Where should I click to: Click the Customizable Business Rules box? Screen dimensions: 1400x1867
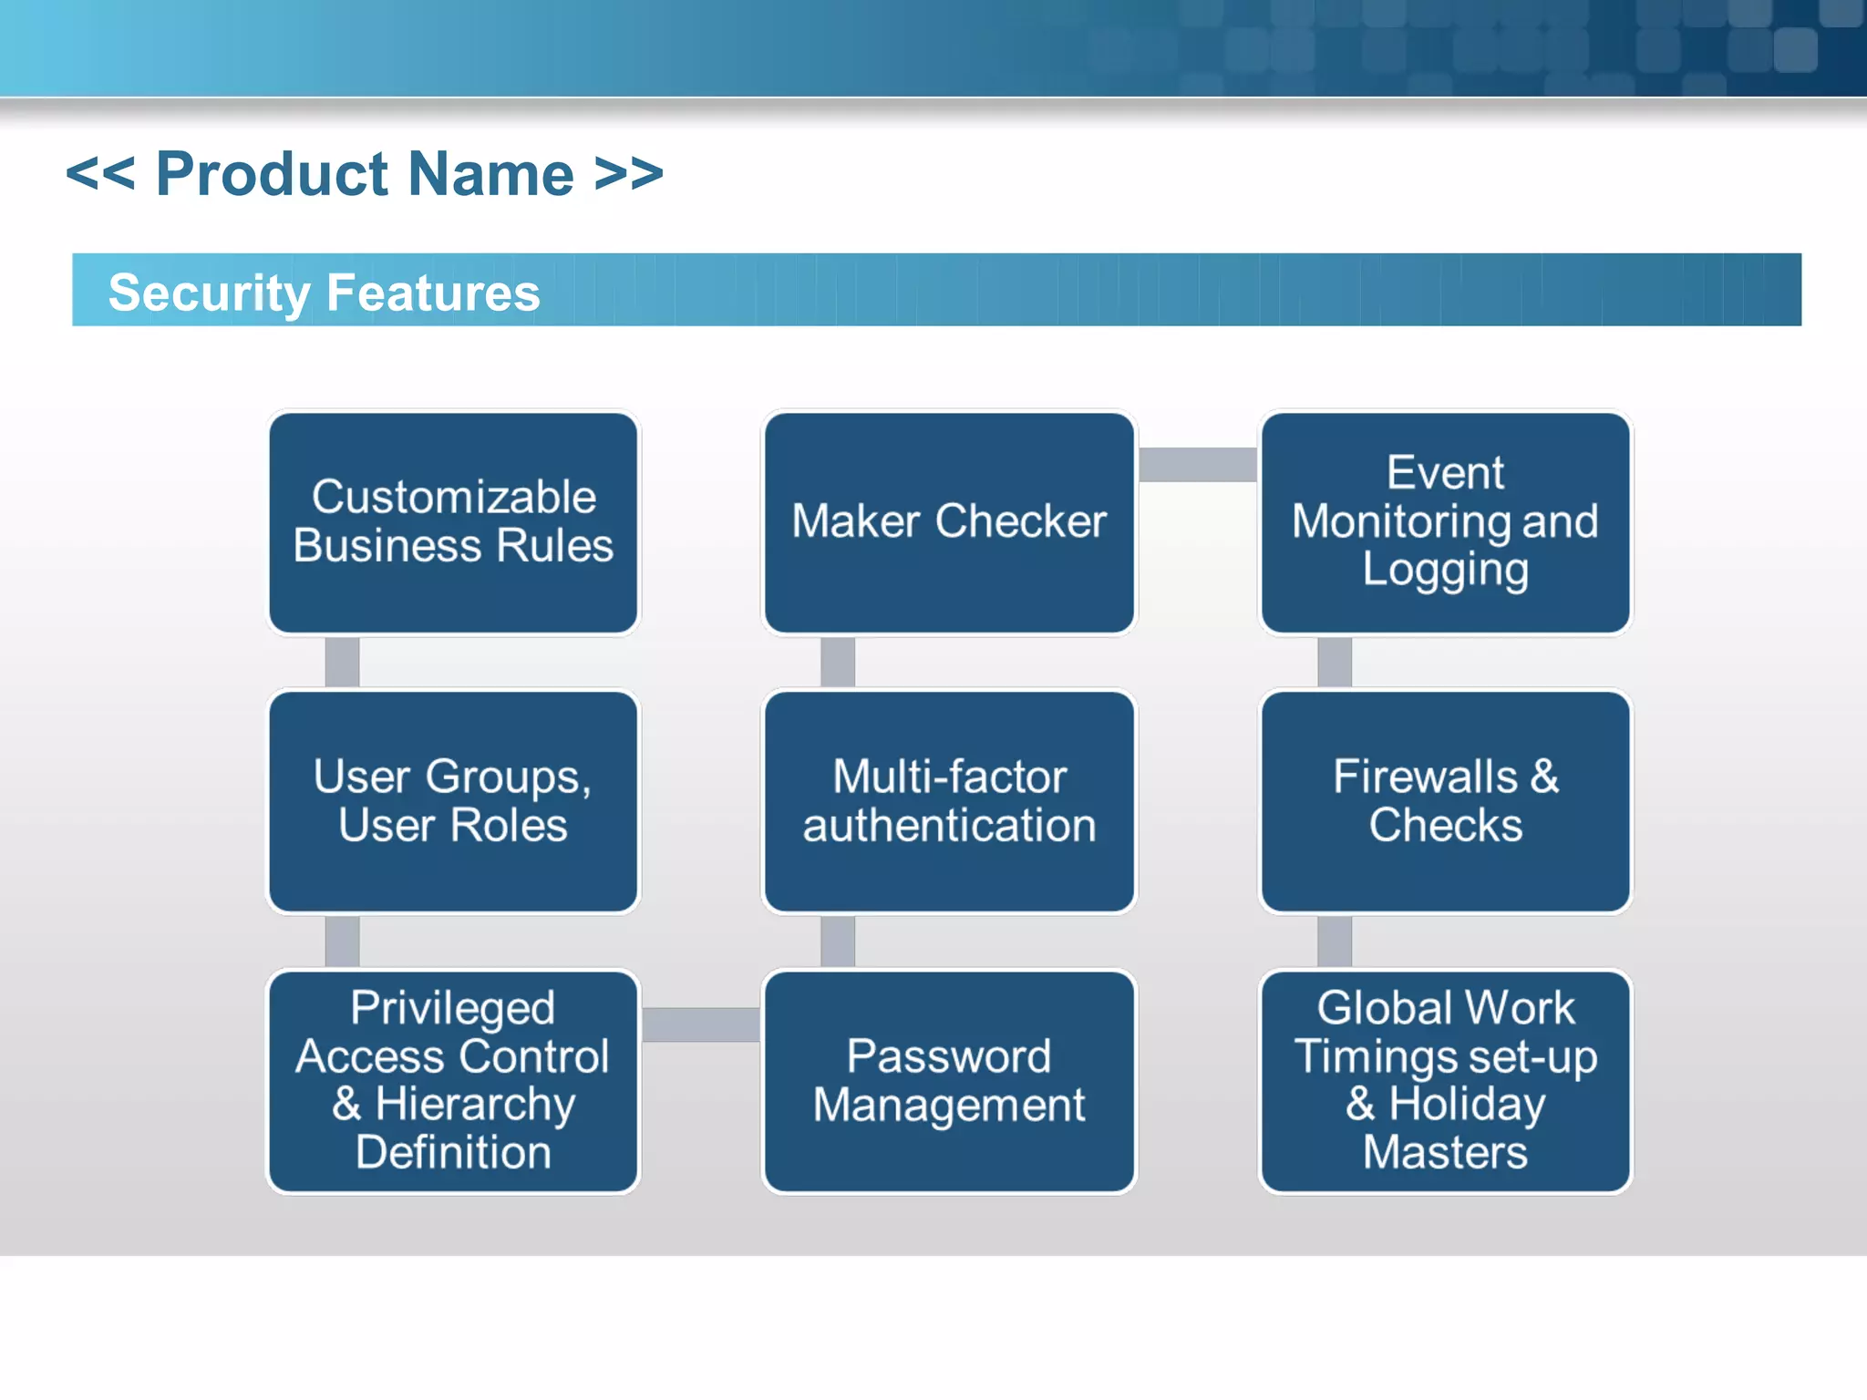[x=453, y=522]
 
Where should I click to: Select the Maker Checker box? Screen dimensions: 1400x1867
[x=949, y=522]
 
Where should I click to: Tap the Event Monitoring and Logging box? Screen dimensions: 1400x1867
[x=1445, y=522]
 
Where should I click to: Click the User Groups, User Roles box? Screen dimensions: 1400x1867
[x=453, y=801]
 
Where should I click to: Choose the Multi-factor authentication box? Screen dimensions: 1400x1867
[x=949, y=801]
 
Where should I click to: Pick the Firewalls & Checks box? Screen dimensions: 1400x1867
[x=1445, y=801]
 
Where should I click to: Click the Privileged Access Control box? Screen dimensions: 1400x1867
[x=453, y=1081]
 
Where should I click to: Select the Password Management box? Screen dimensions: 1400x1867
[x=949, y=1081]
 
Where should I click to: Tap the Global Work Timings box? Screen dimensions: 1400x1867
[x=1445, y=1081]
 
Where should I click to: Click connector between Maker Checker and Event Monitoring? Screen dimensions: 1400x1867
[x=1197, y=464]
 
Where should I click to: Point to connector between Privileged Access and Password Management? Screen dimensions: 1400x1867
[x=701, y=1024]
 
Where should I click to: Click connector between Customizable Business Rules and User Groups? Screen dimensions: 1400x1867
[x=342, y=662]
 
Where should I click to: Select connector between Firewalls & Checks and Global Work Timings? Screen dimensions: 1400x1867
[x=1334, y=941]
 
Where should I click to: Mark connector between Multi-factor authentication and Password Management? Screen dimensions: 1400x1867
[x=838, y=941]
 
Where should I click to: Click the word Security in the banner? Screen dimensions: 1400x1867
[x=210, y=293]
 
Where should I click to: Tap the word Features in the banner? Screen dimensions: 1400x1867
[x=433, y=293]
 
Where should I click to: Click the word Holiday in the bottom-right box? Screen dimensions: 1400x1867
[x=1467, y=1105]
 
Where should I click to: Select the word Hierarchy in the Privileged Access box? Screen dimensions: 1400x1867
[x=475, y=1105]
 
